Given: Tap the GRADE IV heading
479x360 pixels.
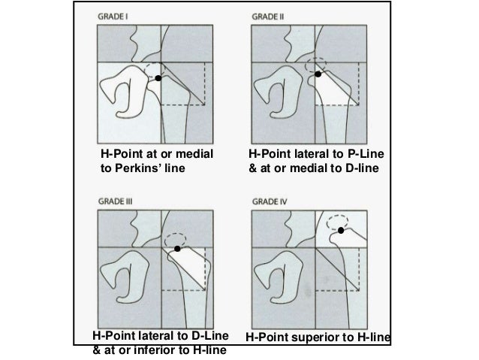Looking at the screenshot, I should tap(268, 201).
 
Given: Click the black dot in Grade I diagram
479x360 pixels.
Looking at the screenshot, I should tap(158, 78).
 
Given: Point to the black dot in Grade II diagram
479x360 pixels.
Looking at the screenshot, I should tap(318, 74).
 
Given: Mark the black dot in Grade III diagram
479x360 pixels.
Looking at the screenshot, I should tap(177, 248).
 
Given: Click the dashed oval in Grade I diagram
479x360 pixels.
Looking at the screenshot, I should tap(157, 71).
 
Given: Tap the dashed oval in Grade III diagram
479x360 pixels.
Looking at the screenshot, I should tap(179, 238).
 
